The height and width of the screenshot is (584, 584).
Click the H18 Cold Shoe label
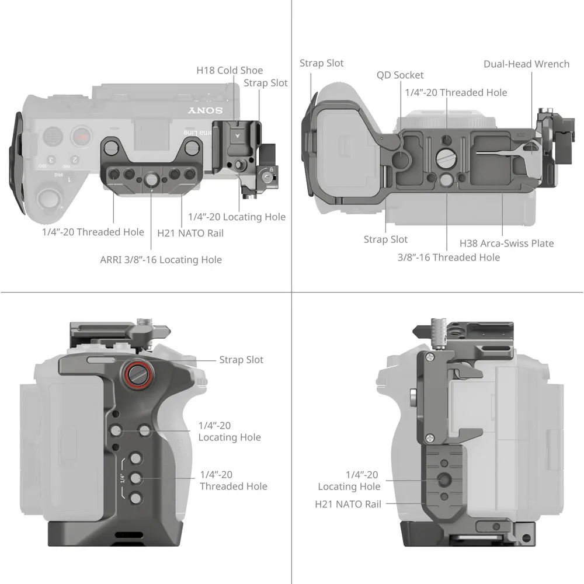pos(230,71)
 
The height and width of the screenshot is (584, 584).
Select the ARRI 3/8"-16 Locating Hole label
pos(161,259)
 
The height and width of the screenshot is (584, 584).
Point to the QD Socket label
pos(400,75)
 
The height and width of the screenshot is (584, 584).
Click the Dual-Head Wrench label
pos(526,64)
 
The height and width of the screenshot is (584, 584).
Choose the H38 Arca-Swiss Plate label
pos(506,243)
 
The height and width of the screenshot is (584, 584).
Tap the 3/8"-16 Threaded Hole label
pos(449,257)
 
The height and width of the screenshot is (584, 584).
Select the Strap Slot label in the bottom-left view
pos(241,360)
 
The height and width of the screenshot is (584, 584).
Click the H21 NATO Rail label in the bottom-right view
pos(348,503)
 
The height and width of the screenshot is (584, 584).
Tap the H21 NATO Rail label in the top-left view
pos(190,233)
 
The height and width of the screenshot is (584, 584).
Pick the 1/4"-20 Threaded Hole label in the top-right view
pos(456,92)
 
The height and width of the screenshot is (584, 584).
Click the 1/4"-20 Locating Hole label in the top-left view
pos(237,217)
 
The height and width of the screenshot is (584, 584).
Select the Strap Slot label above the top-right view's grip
pos(322,63)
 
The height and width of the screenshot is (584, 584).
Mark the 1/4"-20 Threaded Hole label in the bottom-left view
pos(234,480)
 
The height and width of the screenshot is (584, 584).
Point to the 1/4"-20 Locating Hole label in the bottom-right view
pos(349,481)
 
